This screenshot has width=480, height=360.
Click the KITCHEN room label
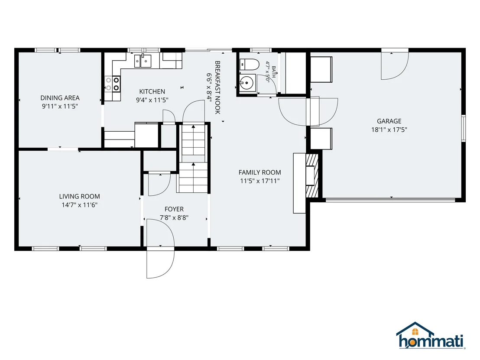point(152,91)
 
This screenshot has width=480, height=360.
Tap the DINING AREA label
point(60,98)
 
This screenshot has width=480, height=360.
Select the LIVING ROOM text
point(80,197)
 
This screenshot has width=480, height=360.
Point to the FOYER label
point(174,209)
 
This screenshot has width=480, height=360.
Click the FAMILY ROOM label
point(260,173)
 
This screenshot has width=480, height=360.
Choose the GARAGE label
point(389,121)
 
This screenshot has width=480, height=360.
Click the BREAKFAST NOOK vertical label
point(217,88)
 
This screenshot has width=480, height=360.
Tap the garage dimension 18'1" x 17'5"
point(389,130)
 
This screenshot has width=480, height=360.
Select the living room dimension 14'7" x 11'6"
point(80,205)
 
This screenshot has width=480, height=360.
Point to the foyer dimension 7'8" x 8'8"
point(174,218)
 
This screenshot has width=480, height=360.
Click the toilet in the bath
point(249,65)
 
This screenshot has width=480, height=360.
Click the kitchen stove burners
point(113,84)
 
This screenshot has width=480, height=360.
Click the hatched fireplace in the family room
point(312,175)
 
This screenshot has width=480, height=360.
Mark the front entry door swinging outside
point(160,263)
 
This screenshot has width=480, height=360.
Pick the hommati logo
point(431,336)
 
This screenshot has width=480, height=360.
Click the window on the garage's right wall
point(464,128)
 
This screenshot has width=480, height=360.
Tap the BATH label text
point(273,72)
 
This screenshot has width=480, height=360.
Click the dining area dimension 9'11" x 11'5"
point(60,107)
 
